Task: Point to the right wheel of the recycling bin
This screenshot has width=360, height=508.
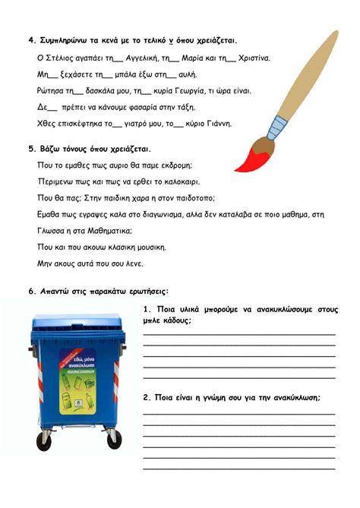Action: [x=114, y=438]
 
